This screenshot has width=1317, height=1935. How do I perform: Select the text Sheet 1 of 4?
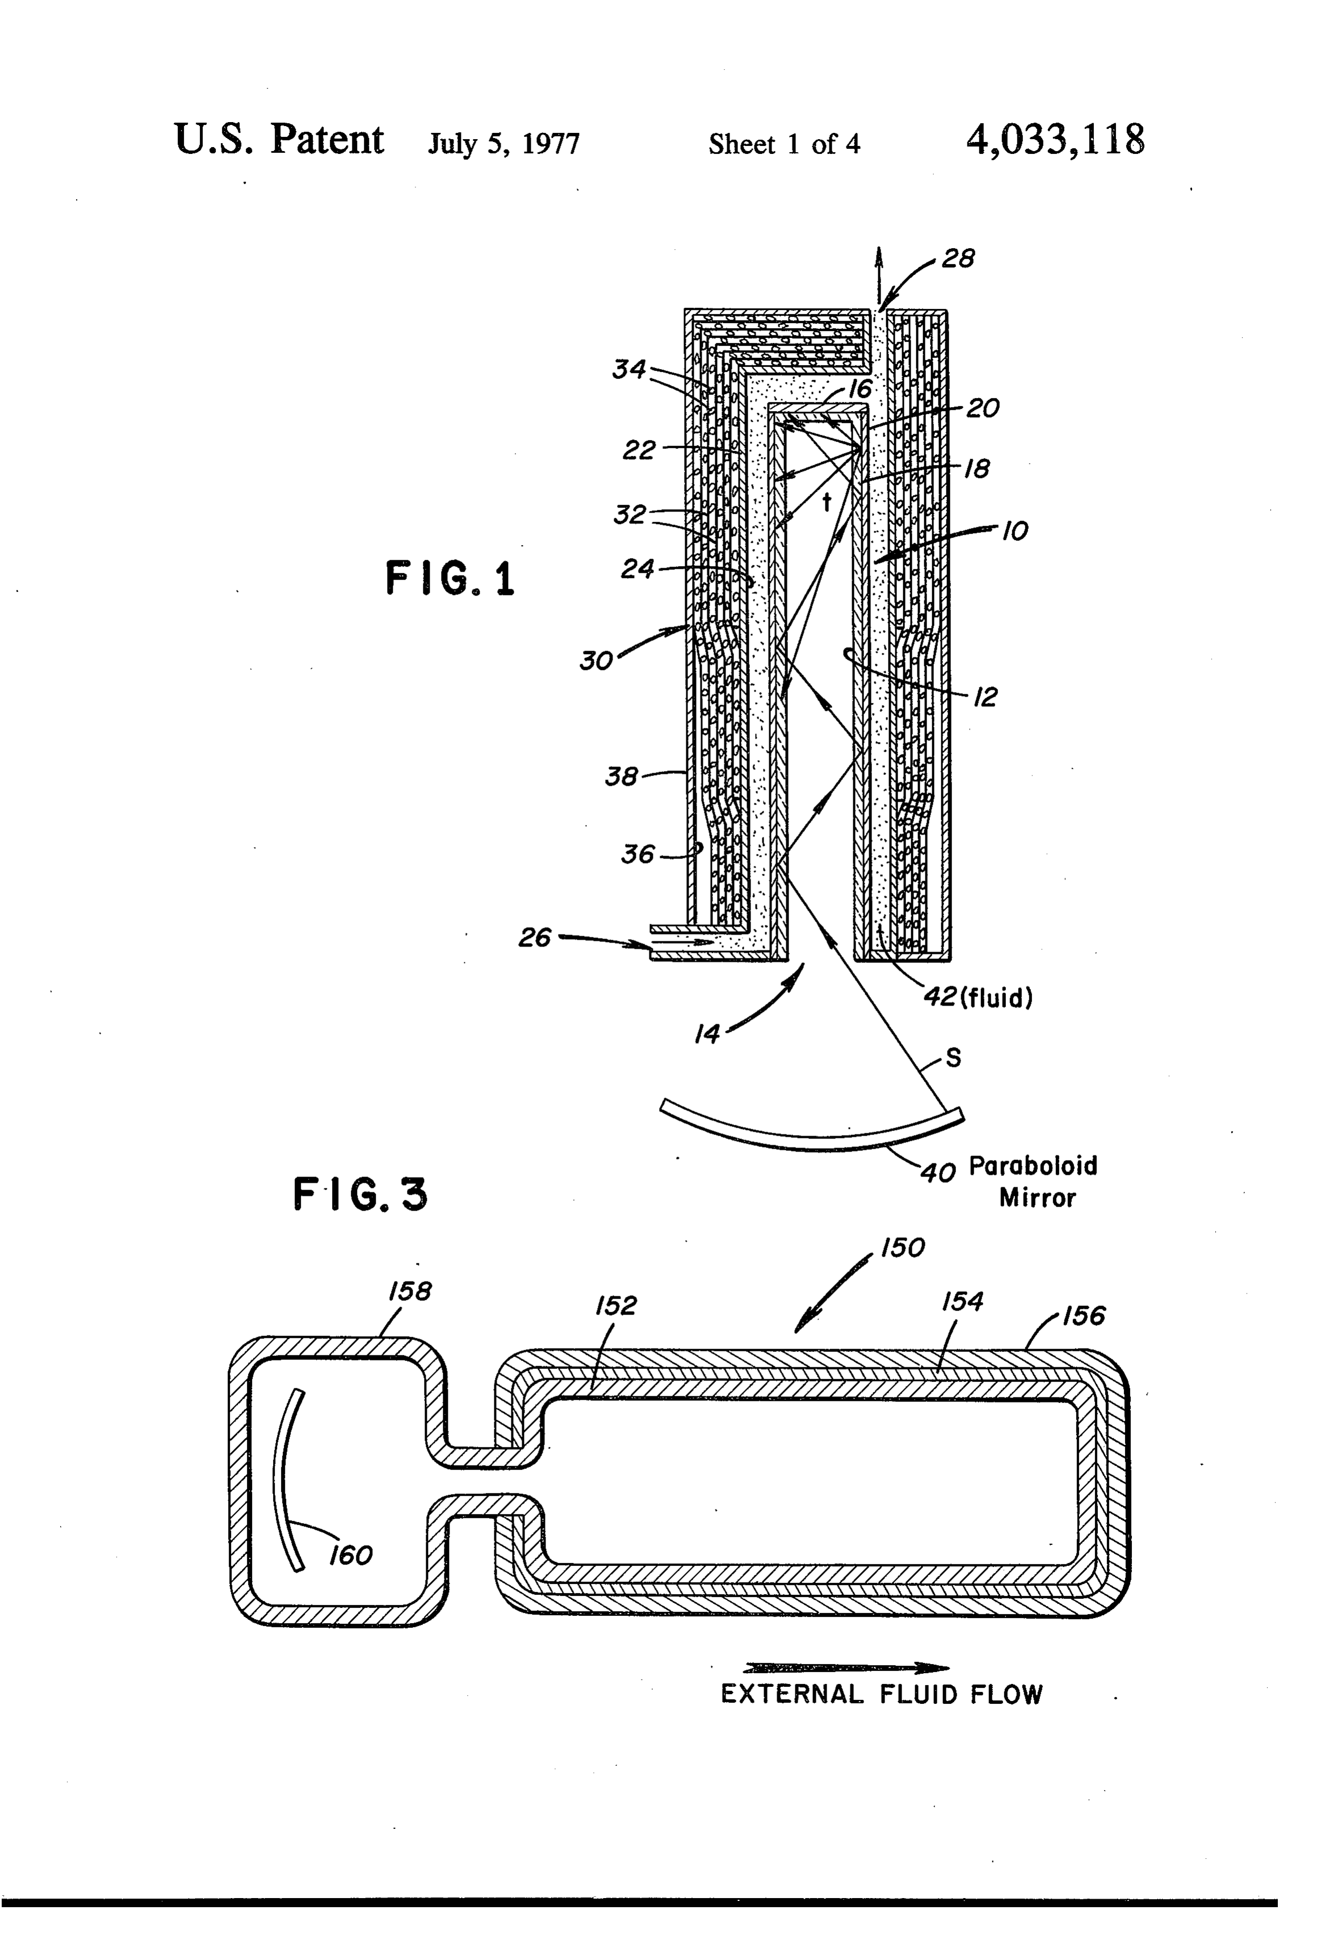click(x=784, y=144)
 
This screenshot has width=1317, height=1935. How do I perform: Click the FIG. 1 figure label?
click(x=450, y=578)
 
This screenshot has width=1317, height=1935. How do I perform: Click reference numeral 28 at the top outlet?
click(x=958, y=258)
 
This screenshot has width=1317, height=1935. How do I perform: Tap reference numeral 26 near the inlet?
click(x=534, y=937)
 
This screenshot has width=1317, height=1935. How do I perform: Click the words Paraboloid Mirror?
click(x=1034, y=1180)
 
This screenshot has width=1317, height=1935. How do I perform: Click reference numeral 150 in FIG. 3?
click(x=903, y=1247)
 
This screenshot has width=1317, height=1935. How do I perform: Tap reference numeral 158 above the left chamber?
click(x=410, y=1291)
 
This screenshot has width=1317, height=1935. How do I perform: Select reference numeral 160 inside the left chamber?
click(x=350, y=1555)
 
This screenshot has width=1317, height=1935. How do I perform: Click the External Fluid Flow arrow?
click(x=846, y=1668)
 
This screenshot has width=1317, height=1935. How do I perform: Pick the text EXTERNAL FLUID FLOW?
click(x=882, y=1694)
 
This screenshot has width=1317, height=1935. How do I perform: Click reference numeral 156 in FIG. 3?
click(x=1083, y=1316)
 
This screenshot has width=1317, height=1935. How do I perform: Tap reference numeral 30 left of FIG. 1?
click(x=596, y=660)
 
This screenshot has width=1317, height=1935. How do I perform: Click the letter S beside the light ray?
click(x=954, y=1057)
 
